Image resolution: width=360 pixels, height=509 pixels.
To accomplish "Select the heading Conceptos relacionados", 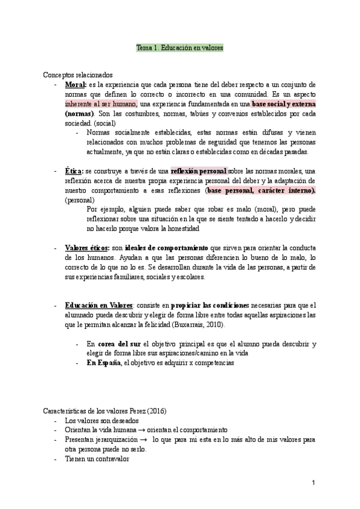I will (77, 75).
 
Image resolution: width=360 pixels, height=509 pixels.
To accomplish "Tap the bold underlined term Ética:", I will (75, 171).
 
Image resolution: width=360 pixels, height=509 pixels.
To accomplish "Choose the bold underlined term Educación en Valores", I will (99, 305).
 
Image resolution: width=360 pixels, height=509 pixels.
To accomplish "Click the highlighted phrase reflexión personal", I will (199, 171).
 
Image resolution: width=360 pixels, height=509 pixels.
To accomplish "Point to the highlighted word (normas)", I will (79, 113).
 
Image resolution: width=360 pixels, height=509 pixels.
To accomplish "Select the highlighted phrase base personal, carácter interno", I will (260, 190).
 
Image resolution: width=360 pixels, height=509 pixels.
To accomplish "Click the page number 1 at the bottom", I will (313, 483).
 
